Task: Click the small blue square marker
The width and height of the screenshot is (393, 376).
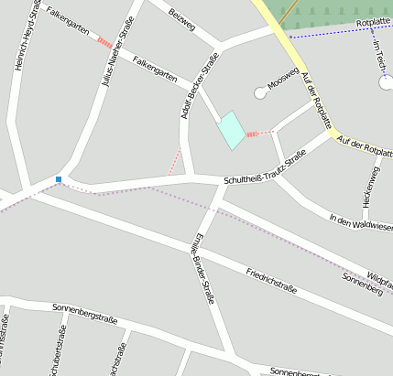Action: click(59, 179)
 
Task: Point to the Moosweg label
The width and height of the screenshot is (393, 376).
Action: click(283, 81)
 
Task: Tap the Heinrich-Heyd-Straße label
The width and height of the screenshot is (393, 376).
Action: click(27, 34)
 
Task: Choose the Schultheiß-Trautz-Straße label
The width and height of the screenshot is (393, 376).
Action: click(265, 168)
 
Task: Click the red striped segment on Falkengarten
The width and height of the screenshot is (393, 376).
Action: click(104, 42)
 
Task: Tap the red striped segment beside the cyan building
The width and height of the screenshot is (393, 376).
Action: click(259, 134)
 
